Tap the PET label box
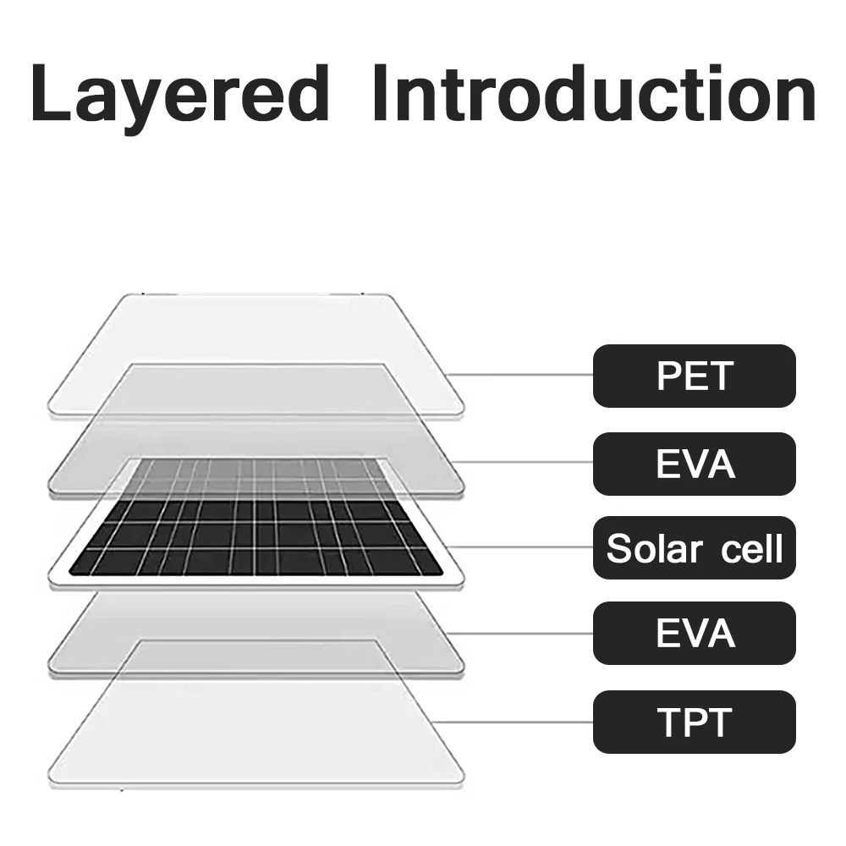tap(694, 376)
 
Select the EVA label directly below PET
tap(694, 464)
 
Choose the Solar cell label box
tap(694, 548)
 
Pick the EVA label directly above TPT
tap(694, 633)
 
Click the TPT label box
tap(694, 722)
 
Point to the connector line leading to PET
tap(520, 375)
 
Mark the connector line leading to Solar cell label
tap(525, 547)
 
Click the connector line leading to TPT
tap(516, 722)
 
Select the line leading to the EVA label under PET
tap(525, 463)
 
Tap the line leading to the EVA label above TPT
tap(525, 633)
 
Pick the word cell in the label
tap(750, 549)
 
